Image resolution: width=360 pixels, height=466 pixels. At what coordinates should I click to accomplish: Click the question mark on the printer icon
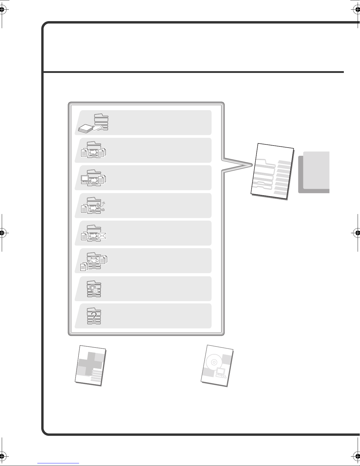click(94, 317)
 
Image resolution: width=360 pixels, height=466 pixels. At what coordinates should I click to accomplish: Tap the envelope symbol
click(103, 235)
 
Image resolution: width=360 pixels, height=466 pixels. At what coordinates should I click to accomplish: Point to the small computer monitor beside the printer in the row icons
click(85, 179)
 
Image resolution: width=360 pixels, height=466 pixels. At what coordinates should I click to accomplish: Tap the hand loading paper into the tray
click(99, 127)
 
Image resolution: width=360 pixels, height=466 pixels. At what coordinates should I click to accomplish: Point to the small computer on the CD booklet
click(220, 372)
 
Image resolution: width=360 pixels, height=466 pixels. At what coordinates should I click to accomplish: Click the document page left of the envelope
click(84, 237)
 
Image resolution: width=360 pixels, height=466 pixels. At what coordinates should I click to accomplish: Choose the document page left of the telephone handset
click(84, 209)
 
